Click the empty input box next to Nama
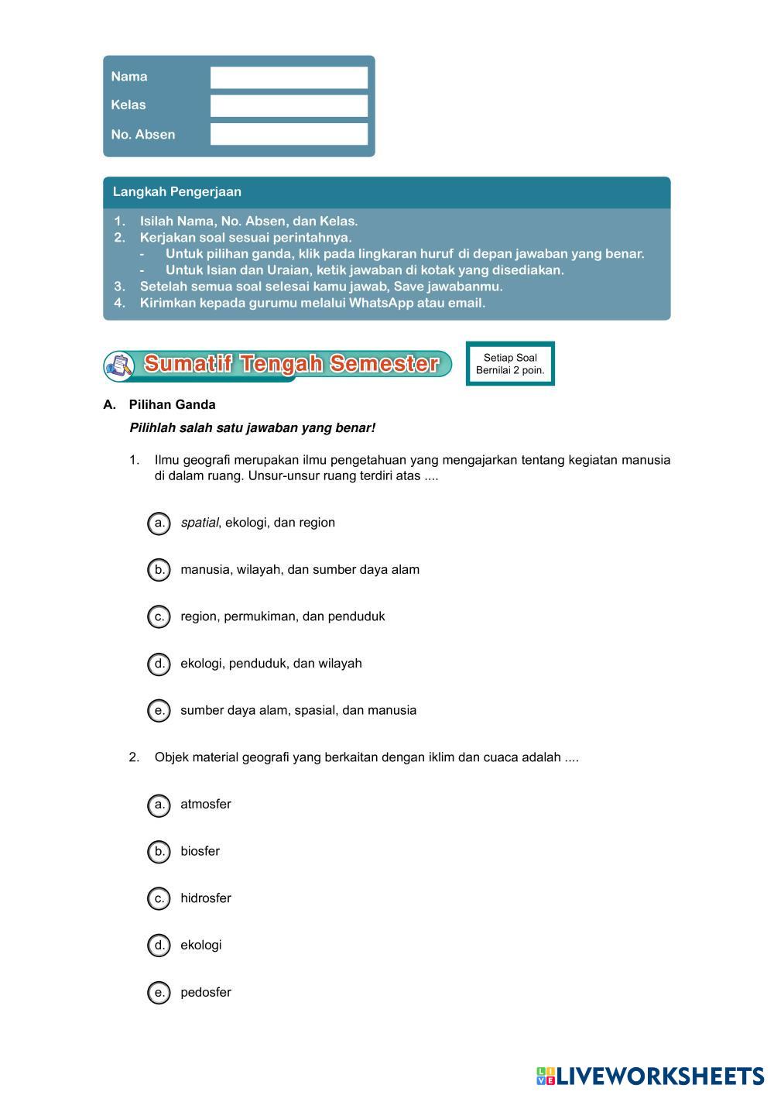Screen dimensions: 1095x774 (289, 77)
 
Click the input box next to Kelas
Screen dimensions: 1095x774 (289, 106)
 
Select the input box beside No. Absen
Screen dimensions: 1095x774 (289, 134)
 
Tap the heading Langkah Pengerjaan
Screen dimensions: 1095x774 (177, 192)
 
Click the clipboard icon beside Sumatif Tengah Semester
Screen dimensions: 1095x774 (119, 365)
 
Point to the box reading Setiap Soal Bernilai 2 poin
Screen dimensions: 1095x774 (510, 364)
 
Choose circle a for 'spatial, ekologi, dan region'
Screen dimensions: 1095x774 (159, 523)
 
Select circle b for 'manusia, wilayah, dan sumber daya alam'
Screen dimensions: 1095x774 (159, 570)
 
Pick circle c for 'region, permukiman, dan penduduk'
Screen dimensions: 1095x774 (159, 617)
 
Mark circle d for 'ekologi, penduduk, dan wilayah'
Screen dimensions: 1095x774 (159, 664)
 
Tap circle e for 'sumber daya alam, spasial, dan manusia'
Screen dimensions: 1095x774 (159, 711)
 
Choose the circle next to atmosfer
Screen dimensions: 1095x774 (159, 805)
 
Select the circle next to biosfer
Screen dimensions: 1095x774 (159, 852)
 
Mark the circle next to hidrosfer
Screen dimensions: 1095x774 (159, 898)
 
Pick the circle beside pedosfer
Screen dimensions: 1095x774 (159, 993)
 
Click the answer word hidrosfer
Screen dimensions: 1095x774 (206, 898)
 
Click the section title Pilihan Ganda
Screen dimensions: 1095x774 (172, 405)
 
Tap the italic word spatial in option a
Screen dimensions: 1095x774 (200, 523)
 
